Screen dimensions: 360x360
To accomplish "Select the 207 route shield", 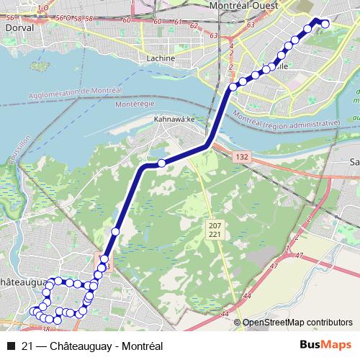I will pyautogui.click(x=215, y=225).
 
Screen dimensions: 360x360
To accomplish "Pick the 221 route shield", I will pyautogui.click(x=215, y=235).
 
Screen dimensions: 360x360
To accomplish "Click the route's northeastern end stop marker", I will pyautogui.click(x=325, y=24).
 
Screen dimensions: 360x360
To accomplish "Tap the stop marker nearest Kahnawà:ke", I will pyautogui.click(x=162, y=163).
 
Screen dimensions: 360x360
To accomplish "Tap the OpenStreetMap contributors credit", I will pyautogui.click(x=297, y=323).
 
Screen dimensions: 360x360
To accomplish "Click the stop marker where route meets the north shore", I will pyautogui.click(x=233, y=87).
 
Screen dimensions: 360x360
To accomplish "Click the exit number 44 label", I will pyautogui.click(x=247, y=295).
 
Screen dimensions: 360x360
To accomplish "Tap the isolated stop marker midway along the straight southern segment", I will pyautogui.click(x=115, y=231).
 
